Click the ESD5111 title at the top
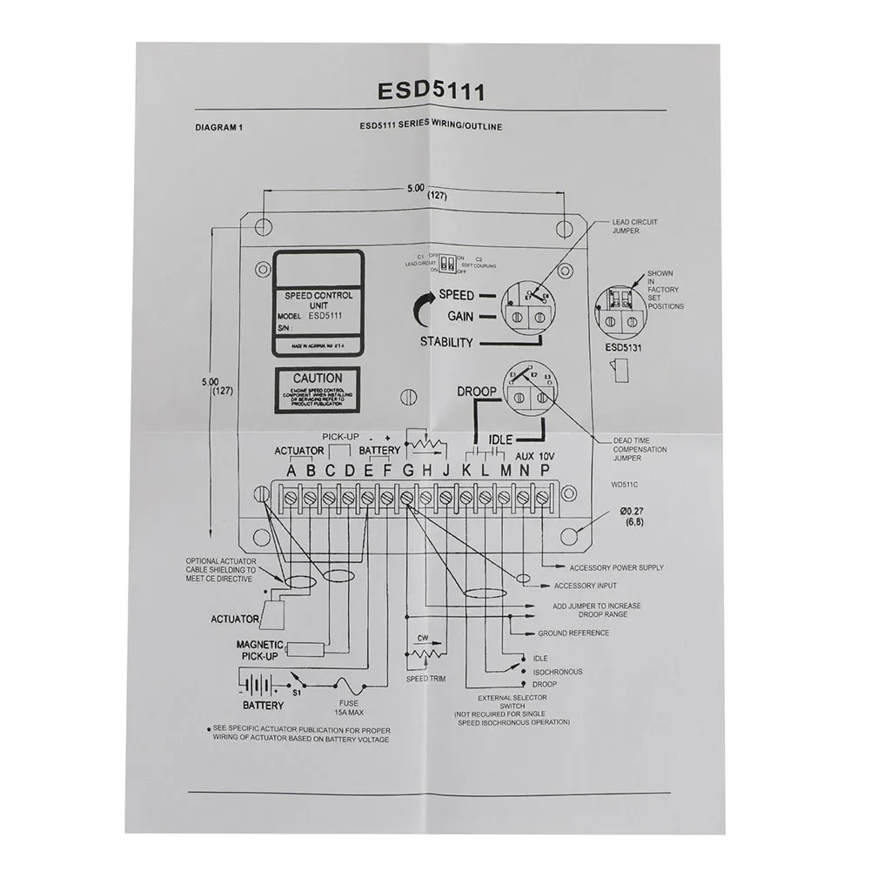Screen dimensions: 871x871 (x=431, y=91)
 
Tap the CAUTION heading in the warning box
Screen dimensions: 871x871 (x=318, y=379)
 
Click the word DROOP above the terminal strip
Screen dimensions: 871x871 (x=477, y=392)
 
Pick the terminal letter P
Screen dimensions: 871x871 (x=546, y=471)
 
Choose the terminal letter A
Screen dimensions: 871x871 (x=291, y=471)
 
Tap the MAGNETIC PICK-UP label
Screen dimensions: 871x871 (x=259, y=650)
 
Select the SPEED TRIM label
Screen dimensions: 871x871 (x=425, y=679)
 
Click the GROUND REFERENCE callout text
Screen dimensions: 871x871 (x=573, y=633)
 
